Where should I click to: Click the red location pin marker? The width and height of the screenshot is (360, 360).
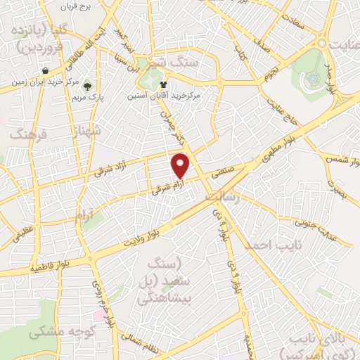click(x=181, y=166)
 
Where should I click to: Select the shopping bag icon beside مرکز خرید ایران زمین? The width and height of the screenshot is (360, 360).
click(x=46, y=71)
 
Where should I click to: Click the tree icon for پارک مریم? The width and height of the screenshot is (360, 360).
click(x=87, y=87)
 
